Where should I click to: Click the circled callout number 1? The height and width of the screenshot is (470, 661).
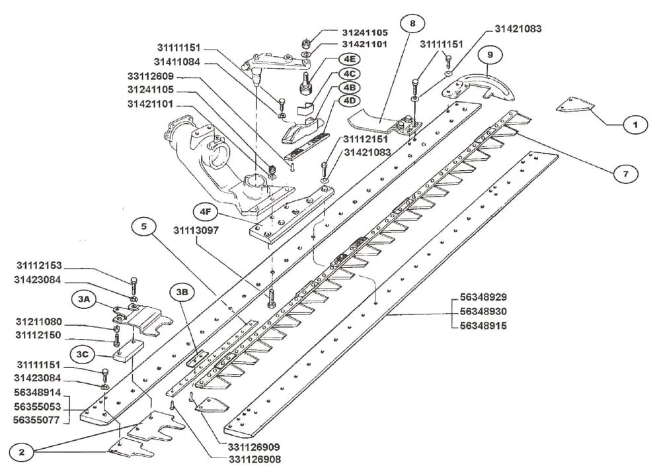[x=635, y=125]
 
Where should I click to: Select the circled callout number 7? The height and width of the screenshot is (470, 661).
[x=625, y=173]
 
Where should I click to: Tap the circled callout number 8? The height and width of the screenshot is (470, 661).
[x=412, y=23]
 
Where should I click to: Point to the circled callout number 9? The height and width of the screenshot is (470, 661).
[x=490, y=55]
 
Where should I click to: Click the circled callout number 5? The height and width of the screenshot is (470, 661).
[x=143, y=227]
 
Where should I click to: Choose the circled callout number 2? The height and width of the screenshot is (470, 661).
[x=22, y=452]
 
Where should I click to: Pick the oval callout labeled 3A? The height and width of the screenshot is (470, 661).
[x=84, y=299]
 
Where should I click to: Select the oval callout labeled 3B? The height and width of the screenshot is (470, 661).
[x=182, y=292]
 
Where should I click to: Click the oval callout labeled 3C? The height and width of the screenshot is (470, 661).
[x=82, y=354]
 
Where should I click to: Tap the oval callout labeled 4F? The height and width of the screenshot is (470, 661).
[x=206, y=212]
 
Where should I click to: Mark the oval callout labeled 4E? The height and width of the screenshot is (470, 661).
[x=349, y=60]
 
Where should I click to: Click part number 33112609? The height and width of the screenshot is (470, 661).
[x=151, y=76]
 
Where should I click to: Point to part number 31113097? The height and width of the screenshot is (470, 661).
[x=196, y=230]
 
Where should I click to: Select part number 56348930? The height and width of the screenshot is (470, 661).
[x=484, y=312]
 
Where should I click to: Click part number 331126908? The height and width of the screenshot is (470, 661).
[x=254, y=459]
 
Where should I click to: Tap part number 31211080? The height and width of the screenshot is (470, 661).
[x=39, y=322]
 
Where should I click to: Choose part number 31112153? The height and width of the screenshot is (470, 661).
[x=39, y=265]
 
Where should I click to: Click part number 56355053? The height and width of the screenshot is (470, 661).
[x=37, y=406]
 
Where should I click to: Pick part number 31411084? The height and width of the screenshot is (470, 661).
[x=176, y=62]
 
